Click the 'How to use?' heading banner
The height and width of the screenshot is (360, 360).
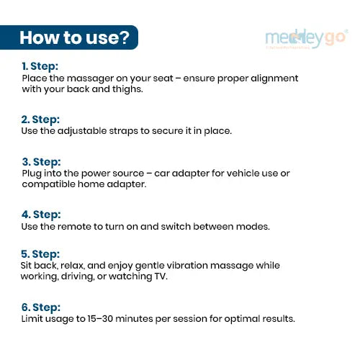(x=69, y=37)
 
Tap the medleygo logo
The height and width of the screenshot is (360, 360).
(x=307, y=39)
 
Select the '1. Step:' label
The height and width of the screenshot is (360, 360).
(x=40, y=66)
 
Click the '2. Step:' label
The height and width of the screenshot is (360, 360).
(x=40, y=120)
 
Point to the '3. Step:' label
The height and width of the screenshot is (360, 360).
(x=41, y=162)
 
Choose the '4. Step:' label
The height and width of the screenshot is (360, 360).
(x=41, y=215)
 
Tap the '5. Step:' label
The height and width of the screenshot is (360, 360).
(x=40, y=254)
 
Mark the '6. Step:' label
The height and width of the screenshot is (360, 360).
(x=41, y=307)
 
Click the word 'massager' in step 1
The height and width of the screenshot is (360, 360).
(x=90, y=79)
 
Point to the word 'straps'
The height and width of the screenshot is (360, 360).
(x=123, y=131)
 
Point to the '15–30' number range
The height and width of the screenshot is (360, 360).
(x=100, y=319)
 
